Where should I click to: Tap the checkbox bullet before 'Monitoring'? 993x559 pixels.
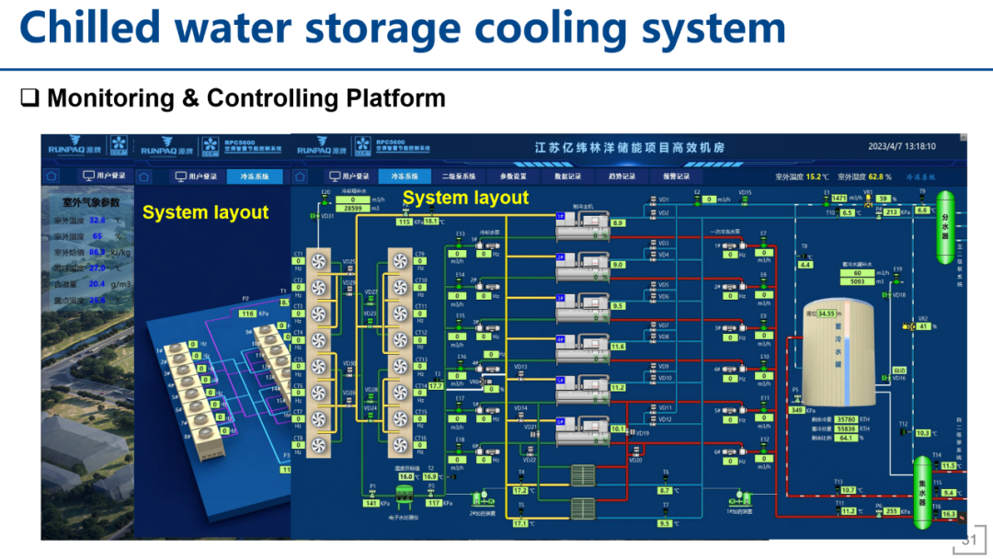click(30, 98)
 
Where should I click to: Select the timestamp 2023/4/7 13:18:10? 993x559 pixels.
click(901, 146)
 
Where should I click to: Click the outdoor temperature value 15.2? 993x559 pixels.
click(814, 176)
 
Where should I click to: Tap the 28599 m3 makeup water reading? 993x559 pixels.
click(353, 209)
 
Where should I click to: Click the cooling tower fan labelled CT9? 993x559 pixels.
click(400, 261)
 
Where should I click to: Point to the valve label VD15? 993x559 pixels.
click(745, 193)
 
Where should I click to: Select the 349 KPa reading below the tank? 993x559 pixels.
click(798, 410)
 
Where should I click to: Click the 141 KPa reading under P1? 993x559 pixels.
click(371, 503)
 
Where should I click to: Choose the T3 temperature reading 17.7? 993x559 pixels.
click(436, 385)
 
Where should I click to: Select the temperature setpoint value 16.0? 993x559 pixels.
click(405, 476)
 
